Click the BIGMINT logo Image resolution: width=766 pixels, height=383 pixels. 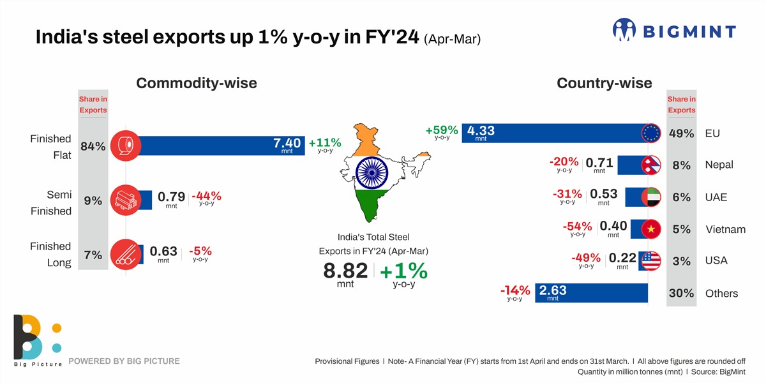pyautogui.click(x=673, y=30)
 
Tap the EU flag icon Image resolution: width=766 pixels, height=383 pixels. pyautogui.click(x=651, y=133)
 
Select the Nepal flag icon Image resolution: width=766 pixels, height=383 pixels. pyautogui.click(x=651, y=165)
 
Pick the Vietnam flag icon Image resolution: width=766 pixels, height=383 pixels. pyautogui.click(x=651, y=229)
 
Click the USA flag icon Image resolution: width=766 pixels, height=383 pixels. pyautogui.click(x=651, y=260)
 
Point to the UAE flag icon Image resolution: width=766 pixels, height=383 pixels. pyautogui.click(x=651, y=197)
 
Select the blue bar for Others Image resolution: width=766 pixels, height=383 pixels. pyautogui.click(x=591, y=292)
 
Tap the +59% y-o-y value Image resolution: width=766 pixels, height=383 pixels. pyautogui.click(x=442, y=131)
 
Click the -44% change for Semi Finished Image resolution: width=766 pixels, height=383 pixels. pyautogui.click(x=206, y=196)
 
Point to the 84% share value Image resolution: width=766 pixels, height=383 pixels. pyautogui.click(x=93, y=146)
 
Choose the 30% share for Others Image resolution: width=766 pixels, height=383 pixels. pyautogui.click(x=681, y=293)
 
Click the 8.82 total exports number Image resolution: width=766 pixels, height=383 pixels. pyautogui.click(x=345, y=271)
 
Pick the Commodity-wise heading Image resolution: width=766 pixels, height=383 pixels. pyautogui.click(x=197, y=83)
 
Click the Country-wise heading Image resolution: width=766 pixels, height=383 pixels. pyautogui.click(x=604, y=83)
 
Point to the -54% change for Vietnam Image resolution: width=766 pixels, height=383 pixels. pyautogui.click(x=578, y=227)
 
